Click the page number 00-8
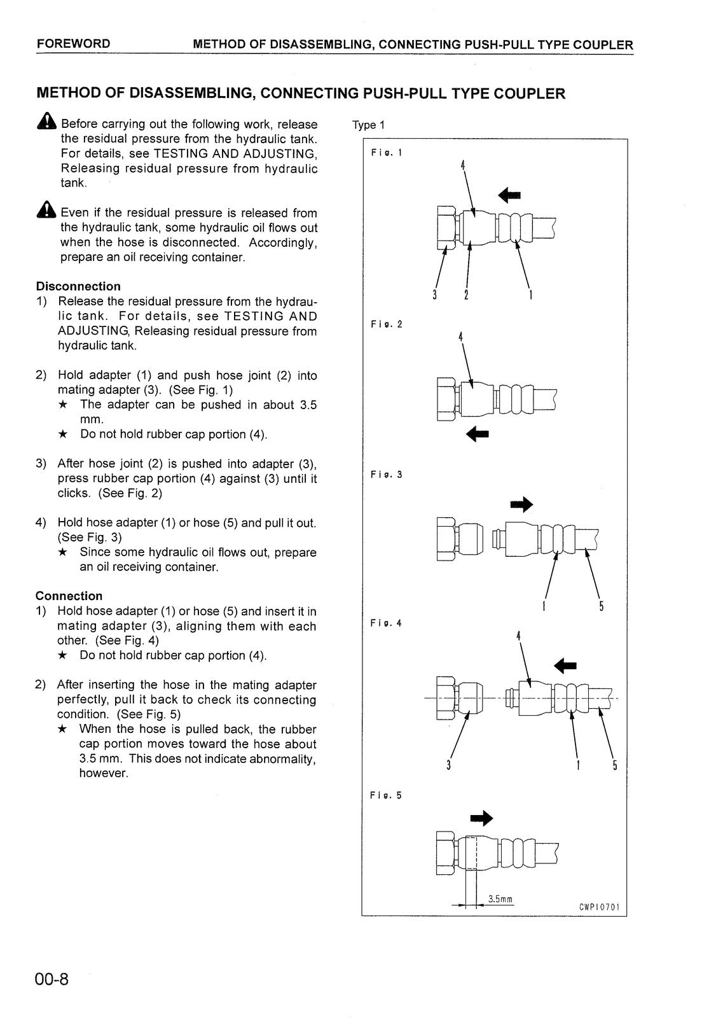point(52,979)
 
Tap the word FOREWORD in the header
point(73,44)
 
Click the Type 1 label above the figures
point(368,125)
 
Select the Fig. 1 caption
point(386,153)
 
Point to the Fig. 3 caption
point(386,475)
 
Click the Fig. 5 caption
point(386,795)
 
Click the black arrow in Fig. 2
point(478,435)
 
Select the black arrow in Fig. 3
point(521,505)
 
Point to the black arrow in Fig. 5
point(481,818)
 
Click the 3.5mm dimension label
point(500,900)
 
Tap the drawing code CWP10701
point(599,907)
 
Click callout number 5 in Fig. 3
point(601,606)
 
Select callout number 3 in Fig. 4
point(448,765)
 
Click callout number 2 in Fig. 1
point(466,295)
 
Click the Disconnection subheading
point(78,286)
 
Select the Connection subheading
point(69,596)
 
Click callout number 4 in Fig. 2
point(460,337)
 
